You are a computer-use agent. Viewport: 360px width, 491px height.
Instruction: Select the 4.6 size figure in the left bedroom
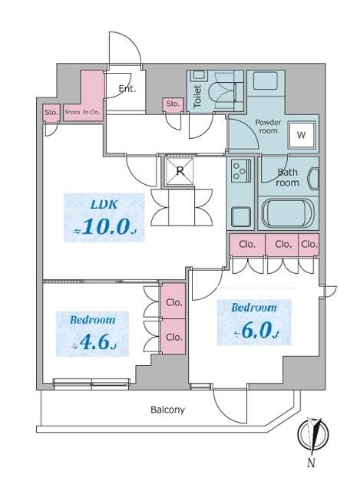pyautogui.click(x=93, y=343)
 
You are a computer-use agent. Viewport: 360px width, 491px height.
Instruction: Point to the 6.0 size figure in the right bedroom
pyautogui.click(x=255, y=331)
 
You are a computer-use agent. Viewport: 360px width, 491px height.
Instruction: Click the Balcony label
pyautogui.click(x=167, y=410)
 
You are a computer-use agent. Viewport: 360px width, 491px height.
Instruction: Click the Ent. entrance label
pyautogui.click(x=127, y=88)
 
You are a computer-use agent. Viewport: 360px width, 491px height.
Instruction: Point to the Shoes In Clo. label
pyautogui.click(x=83, y=112)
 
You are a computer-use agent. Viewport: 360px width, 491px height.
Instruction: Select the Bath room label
pyautogui.click(x=287, y=178)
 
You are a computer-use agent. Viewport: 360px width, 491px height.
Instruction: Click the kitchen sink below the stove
pyautogui.click(x=239, y=216)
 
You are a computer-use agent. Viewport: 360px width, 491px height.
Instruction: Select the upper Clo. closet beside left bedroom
pyautogui.click(x=173, y=302)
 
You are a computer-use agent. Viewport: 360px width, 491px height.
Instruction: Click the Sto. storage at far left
pyautogui.click(x=51, y=112)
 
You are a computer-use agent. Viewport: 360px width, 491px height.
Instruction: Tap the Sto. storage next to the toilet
pyautogui.click(x=173, y=104)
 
